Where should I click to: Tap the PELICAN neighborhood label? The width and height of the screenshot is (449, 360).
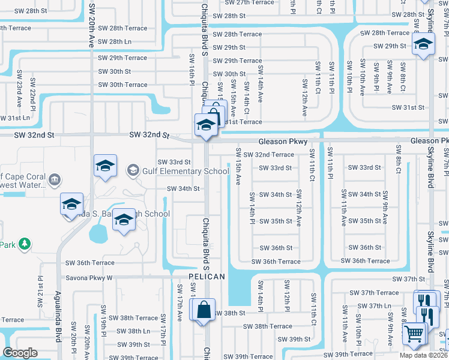206,277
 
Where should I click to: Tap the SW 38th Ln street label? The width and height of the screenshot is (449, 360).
133,331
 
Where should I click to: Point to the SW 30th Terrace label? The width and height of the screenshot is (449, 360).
122,85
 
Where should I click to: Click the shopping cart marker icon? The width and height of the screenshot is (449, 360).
414,334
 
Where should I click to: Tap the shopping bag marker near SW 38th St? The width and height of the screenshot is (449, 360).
204,310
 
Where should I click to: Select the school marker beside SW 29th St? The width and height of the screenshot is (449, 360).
423,44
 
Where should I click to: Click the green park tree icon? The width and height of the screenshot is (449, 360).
24,244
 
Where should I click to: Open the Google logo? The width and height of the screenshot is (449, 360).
20,353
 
